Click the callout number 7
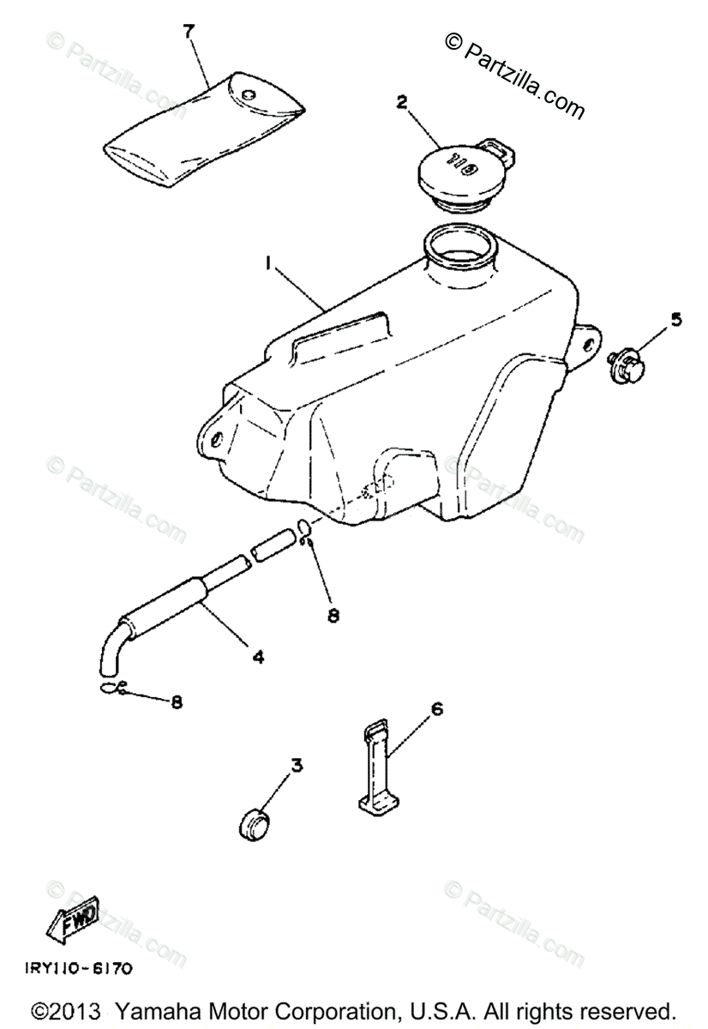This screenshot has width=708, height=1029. point(189,32)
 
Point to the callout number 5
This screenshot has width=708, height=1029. point(675,321)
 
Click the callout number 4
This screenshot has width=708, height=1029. point(257,658)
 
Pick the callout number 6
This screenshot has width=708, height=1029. point(436,708)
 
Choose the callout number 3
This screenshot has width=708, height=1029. point(296,765)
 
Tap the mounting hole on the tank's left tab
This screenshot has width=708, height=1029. point(217,439)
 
